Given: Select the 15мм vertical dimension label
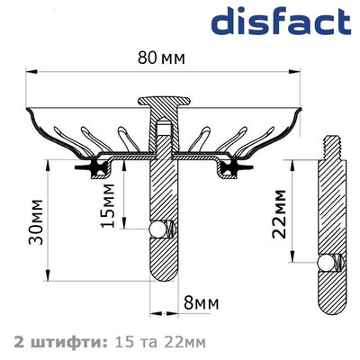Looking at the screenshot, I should (x=106, y=208).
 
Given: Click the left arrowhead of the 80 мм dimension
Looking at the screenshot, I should (x=29, y=72).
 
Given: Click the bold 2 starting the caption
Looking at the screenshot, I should (x=20, y=342).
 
